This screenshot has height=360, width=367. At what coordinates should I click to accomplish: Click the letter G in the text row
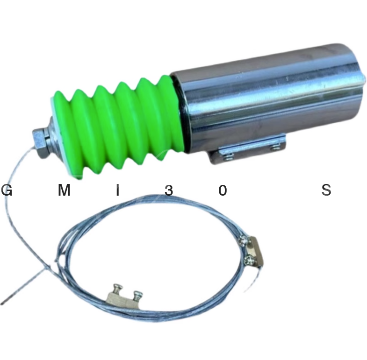tap(7, 190)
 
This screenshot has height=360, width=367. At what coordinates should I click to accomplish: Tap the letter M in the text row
tap(64, 190)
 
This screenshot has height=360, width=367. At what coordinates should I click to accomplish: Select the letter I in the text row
tap(118, 190)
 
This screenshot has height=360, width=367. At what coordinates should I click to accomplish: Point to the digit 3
tap(169, 190)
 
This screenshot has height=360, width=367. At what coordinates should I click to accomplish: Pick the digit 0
tap(223, 190)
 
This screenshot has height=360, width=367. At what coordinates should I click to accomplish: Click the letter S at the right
tap(326, 190)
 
